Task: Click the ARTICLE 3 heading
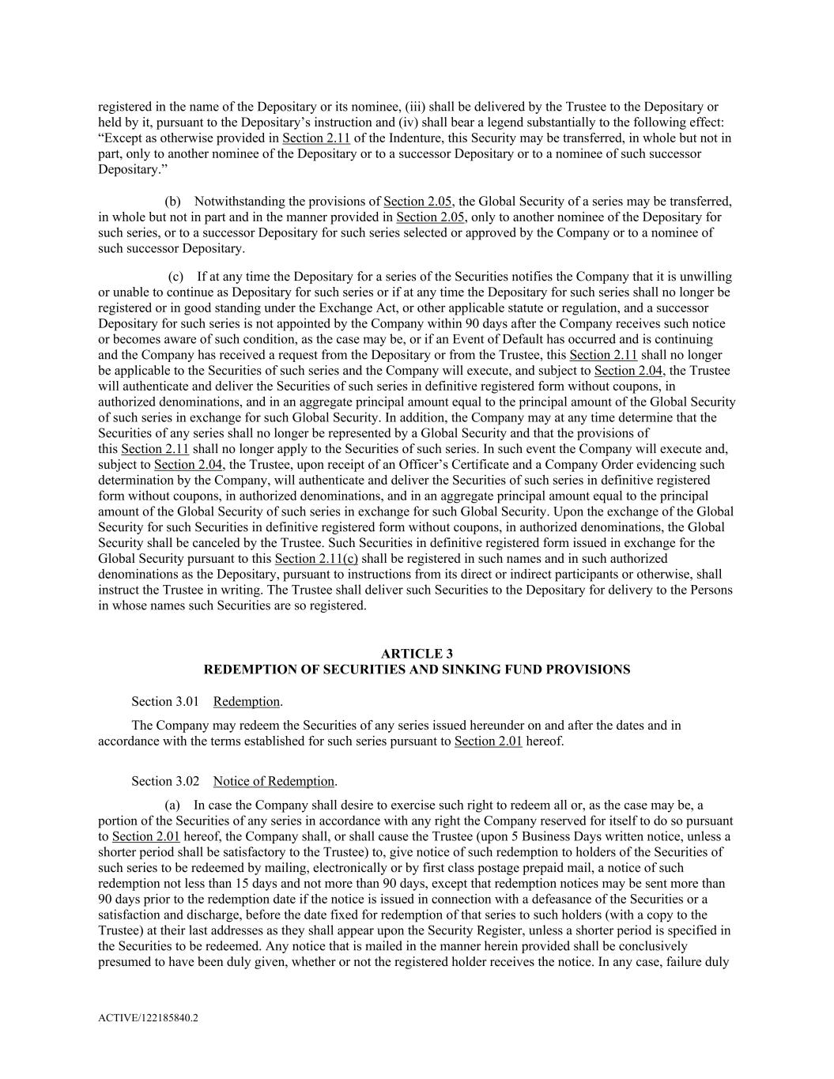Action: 417,654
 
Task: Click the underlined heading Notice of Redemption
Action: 274,782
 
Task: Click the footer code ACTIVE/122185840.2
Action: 148,1018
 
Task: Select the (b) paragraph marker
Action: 172,202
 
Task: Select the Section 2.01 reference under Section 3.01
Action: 488,741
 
